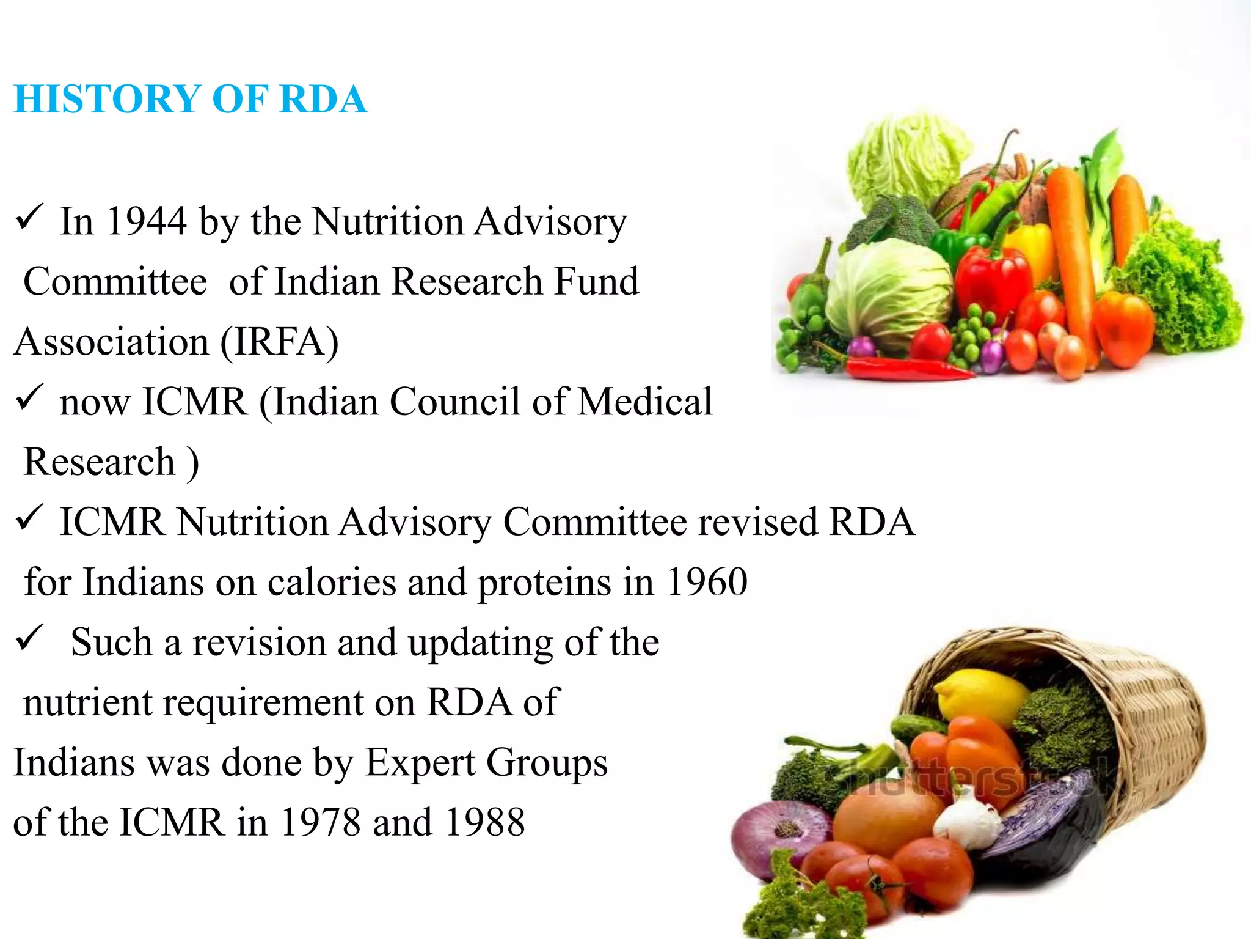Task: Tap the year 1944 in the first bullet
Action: click(146, 221)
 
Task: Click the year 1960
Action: click(707, 582)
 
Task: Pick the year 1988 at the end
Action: click(486, 823)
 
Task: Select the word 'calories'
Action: click(332, 582)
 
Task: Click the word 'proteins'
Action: click(544, 582)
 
